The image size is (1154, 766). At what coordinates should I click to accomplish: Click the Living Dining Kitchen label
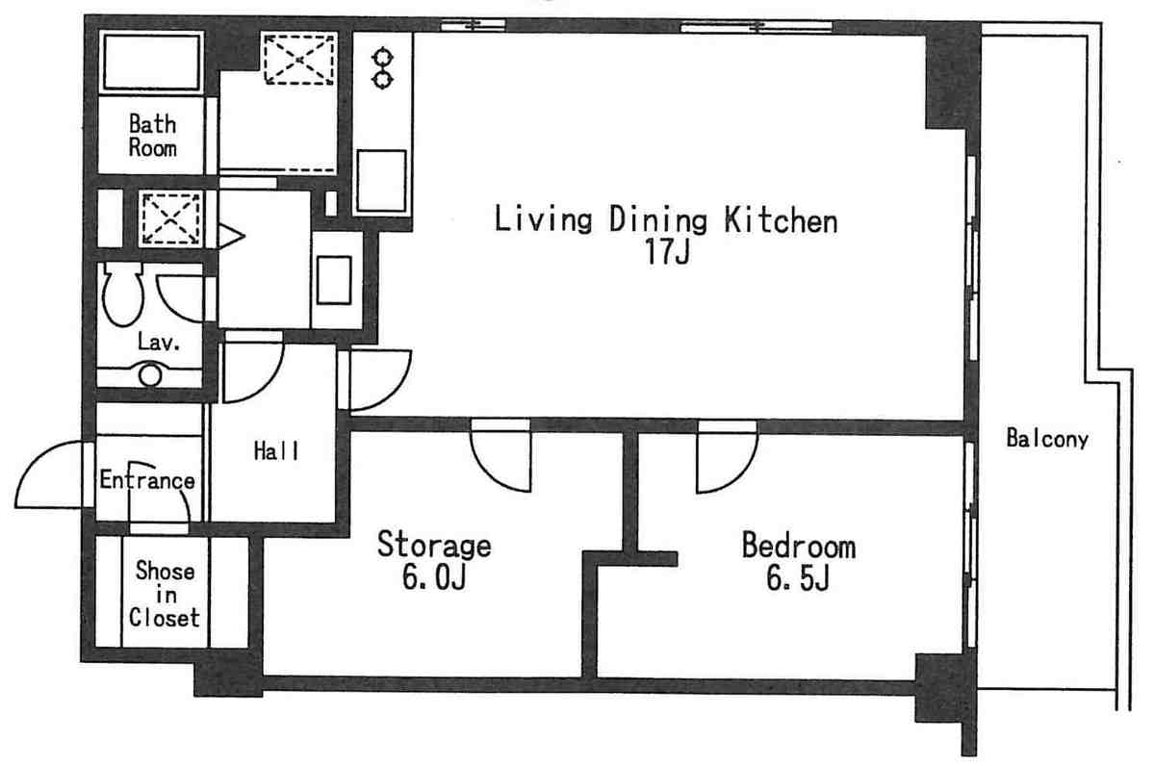click(x=665, y=219)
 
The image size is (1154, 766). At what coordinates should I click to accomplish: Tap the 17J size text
click(x=668, y=252)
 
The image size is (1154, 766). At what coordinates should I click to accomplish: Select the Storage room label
click(x=434, y=545)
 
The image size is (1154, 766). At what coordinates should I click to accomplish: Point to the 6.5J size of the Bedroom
click(x=798, y=577)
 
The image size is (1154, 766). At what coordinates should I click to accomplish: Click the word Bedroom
click(x=799, y=546)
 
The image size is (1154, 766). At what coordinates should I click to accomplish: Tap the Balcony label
click(x=1047, y=439)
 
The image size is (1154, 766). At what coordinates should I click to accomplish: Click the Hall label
click(x=276, y=450)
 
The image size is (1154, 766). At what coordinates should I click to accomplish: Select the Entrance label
click(x=147, y=480)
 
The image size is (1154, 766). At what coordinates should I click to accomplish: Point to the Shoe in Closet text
click(x=165, y=594)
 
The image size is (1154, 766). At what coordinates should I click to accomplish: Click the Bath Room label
click(x=152, y=136)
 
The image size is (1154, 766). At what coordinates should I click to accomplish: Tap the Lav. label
click(x=159, y=342)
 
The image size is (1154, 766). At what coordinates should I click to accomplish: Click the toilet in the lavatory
click(x=123, y=294)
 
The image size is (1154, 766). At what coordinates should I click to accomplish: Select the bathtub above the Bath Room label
click(x=152, y=62)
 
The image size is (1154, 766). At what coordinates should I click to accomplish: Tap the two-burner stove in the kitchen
click(x=383, y=68)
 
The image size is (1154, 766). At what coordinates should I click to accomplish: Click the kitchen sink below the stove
click(x=381, y=180)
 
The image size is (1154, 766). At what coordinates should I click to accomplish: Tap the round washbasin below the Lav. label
click(x=150, y=375)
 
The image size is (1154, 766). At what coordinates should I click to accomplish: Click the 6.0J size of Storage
click(x=434, y=576)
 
